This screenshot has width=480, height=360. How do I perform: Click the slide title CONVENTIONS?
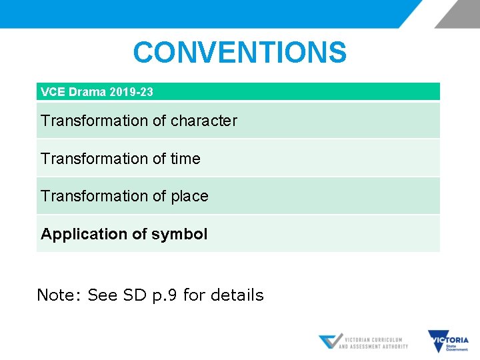[x=239, y=53]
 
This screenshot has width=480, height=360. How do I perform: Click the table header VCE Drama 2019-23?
[x=97, y=92]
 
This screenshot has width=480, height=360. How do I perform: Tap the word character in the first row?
[x=203, y=121]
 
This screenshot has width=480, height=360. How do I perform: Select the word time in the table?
[x=185, y=159]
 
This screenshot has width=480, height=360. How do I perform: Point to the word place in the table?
[x=189, y=196]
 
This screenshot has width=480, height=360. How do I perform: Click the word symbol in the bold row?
[x=179, y=234]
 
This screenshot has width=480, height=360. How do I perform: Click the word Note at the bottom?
[x=58, y=295]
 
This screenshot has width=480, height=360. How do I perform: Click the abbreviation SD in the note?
[x=129, y=295]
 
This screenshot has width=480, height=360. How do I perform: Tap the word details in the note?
[x=237, y=295]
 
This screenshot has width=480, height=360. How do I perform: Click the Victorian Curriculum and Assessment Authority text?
[x=373, y=343]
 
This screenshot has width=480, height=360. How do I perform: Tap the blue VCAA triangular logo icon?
[x=329, y=341]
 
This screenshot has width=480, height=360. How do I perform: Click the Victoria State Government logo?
[x=448, y=341]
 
